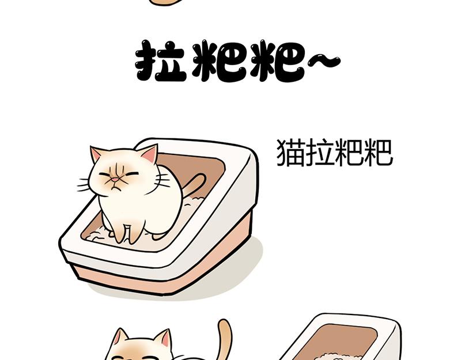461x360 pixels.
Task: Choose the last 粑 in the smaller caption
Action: [378, 153]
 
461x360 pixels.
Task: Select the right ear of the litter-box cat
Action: [150, 154]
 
